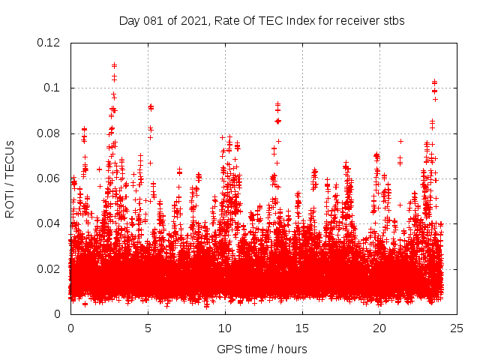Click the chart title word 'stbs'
(393, 21)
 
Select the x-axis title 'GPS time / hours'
(262, 349)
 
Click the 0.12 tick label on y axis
(51, 43)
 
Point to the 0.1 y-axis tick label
(55, 88)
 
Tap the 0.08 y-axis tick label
(51, 133)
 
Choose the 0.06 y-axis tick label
(51, 178)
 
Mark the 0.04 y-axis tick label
(51, 224)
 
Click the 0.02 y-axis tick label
(51, 269)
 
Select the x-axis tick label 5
(148, 328)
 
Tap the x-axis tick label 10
(226, 328)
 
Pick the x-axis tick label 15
(303, 328)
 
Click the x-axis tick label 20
(380, 328)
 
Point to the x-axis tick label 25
(457, 328)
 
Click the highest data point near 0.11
(114, 65)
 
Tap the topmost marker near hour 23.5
(434, 82)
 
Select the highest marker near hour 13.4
(277, 104)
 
